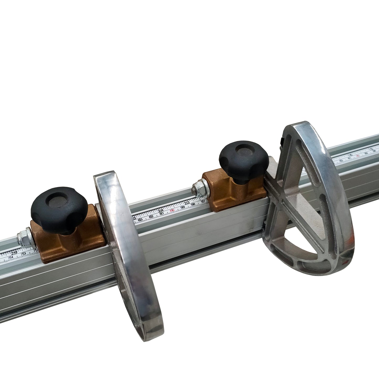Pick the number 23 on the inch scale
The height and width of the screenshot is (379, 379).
click(x=187, y=203)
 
